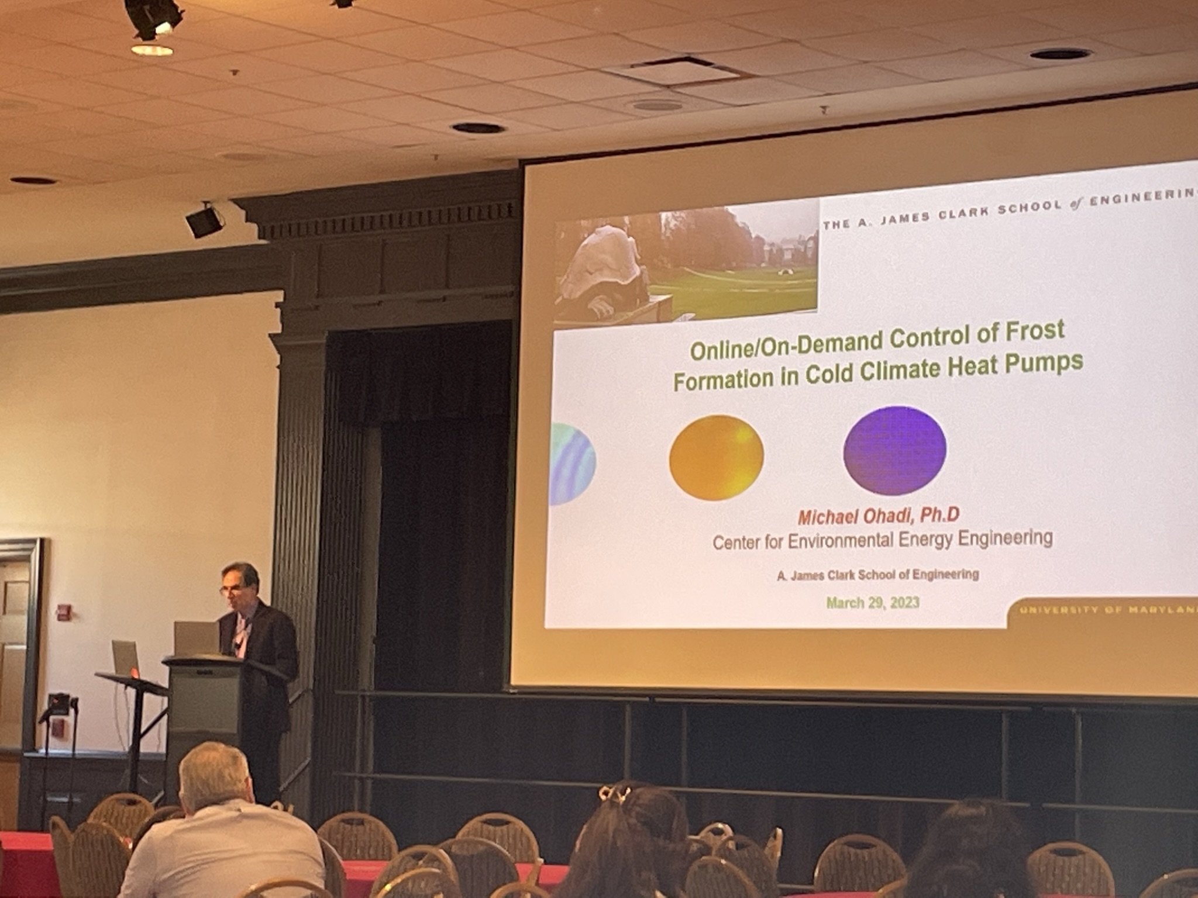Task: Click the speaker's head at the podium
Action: (240, 588)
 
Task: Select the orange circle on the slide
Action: (716, 457)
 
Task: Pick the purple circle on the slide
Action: (894, 450)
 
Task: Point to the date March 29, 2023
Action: (872, 603)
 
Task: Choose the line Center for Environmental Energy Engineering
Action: (882, 540)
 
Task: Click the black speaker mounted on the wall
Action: (204, 220)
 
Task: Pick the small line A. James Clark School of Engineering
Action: (877, 575)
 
